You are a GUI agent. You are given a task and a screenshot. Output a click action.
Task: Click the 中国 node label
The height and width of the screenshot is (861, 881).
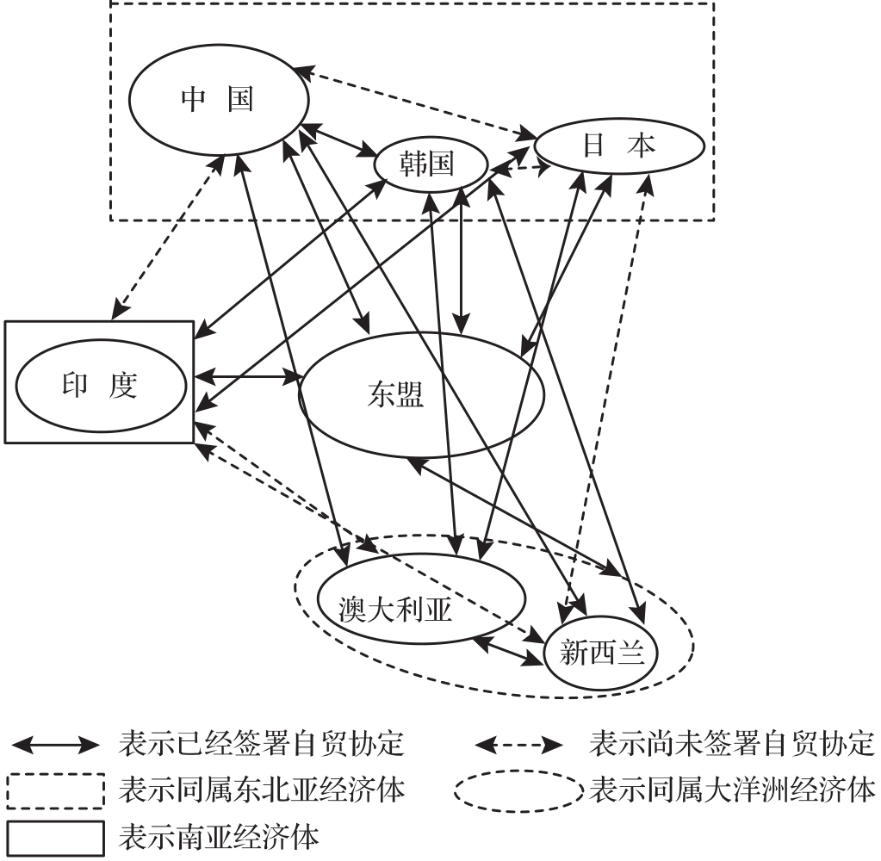coord(217,100)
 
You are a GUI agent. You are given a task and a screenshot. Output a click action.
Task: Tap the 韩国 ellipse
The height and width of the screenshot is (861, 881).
coord(428,164)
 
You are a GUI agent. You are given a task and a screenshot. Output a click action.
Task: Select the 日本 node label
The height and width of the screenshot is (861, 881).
coord(619,146)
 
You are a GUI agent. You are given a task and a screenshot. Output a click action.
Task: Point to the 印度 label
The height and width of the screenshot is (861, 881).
coord(100,385)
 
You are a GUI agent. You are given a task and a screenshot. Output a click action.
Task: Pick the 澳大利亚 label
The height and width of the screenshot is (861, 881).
coord(395,609)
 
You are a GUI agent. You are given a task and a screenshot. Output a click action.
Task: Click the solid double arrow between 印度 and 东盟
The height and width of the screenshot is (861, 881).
coord(247,376)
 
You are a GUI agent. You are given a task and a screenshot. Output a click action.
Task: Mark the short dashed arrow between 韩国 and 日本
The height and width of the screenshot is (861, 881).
coord(520,170)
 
